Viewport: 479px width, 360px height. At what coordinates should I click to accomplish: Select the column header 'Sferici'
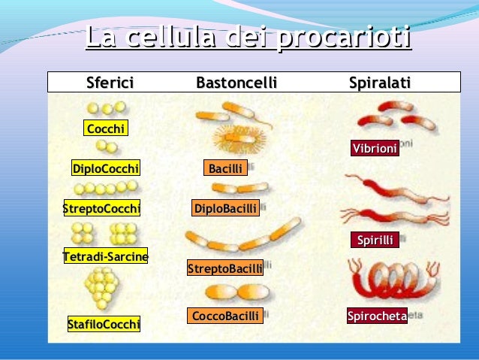(x=110, y=82)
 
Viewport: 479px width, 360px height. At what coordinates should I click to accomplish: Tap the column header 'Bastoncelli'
(x=236, y=82)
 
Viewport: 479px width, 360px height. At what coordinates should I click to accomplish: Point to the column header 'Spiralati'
(x=379, y=82)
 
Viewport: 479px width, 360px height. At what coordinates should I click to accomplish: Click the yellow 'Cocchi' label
(x=106, y=129)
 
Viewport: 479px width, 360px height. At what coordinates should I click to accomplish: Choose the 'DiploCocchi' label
(x=106, y=168)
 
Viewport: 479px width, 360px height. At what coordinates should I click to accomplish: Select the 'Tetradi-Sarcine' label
(x=105, y=257)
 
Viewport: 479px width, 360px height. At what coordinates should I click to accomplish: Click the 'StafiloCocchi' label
(x=104, y=325)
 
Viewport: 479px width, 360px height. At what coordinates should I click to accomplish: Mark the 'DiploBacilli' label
(x=225, y=208)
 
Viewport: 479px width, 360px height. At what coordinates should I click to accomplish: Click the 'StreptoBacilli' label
(x=225, y=268)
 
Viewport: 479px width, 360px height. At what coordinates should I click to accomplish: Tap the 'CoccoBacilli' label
(x=225, y=316)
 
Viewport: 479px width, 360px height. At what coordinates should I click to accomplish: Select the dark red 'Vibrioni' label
(x=375, y=149)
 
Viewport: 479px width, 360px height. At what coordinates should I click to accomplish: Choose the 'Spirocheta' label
(x=377, y=316)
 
